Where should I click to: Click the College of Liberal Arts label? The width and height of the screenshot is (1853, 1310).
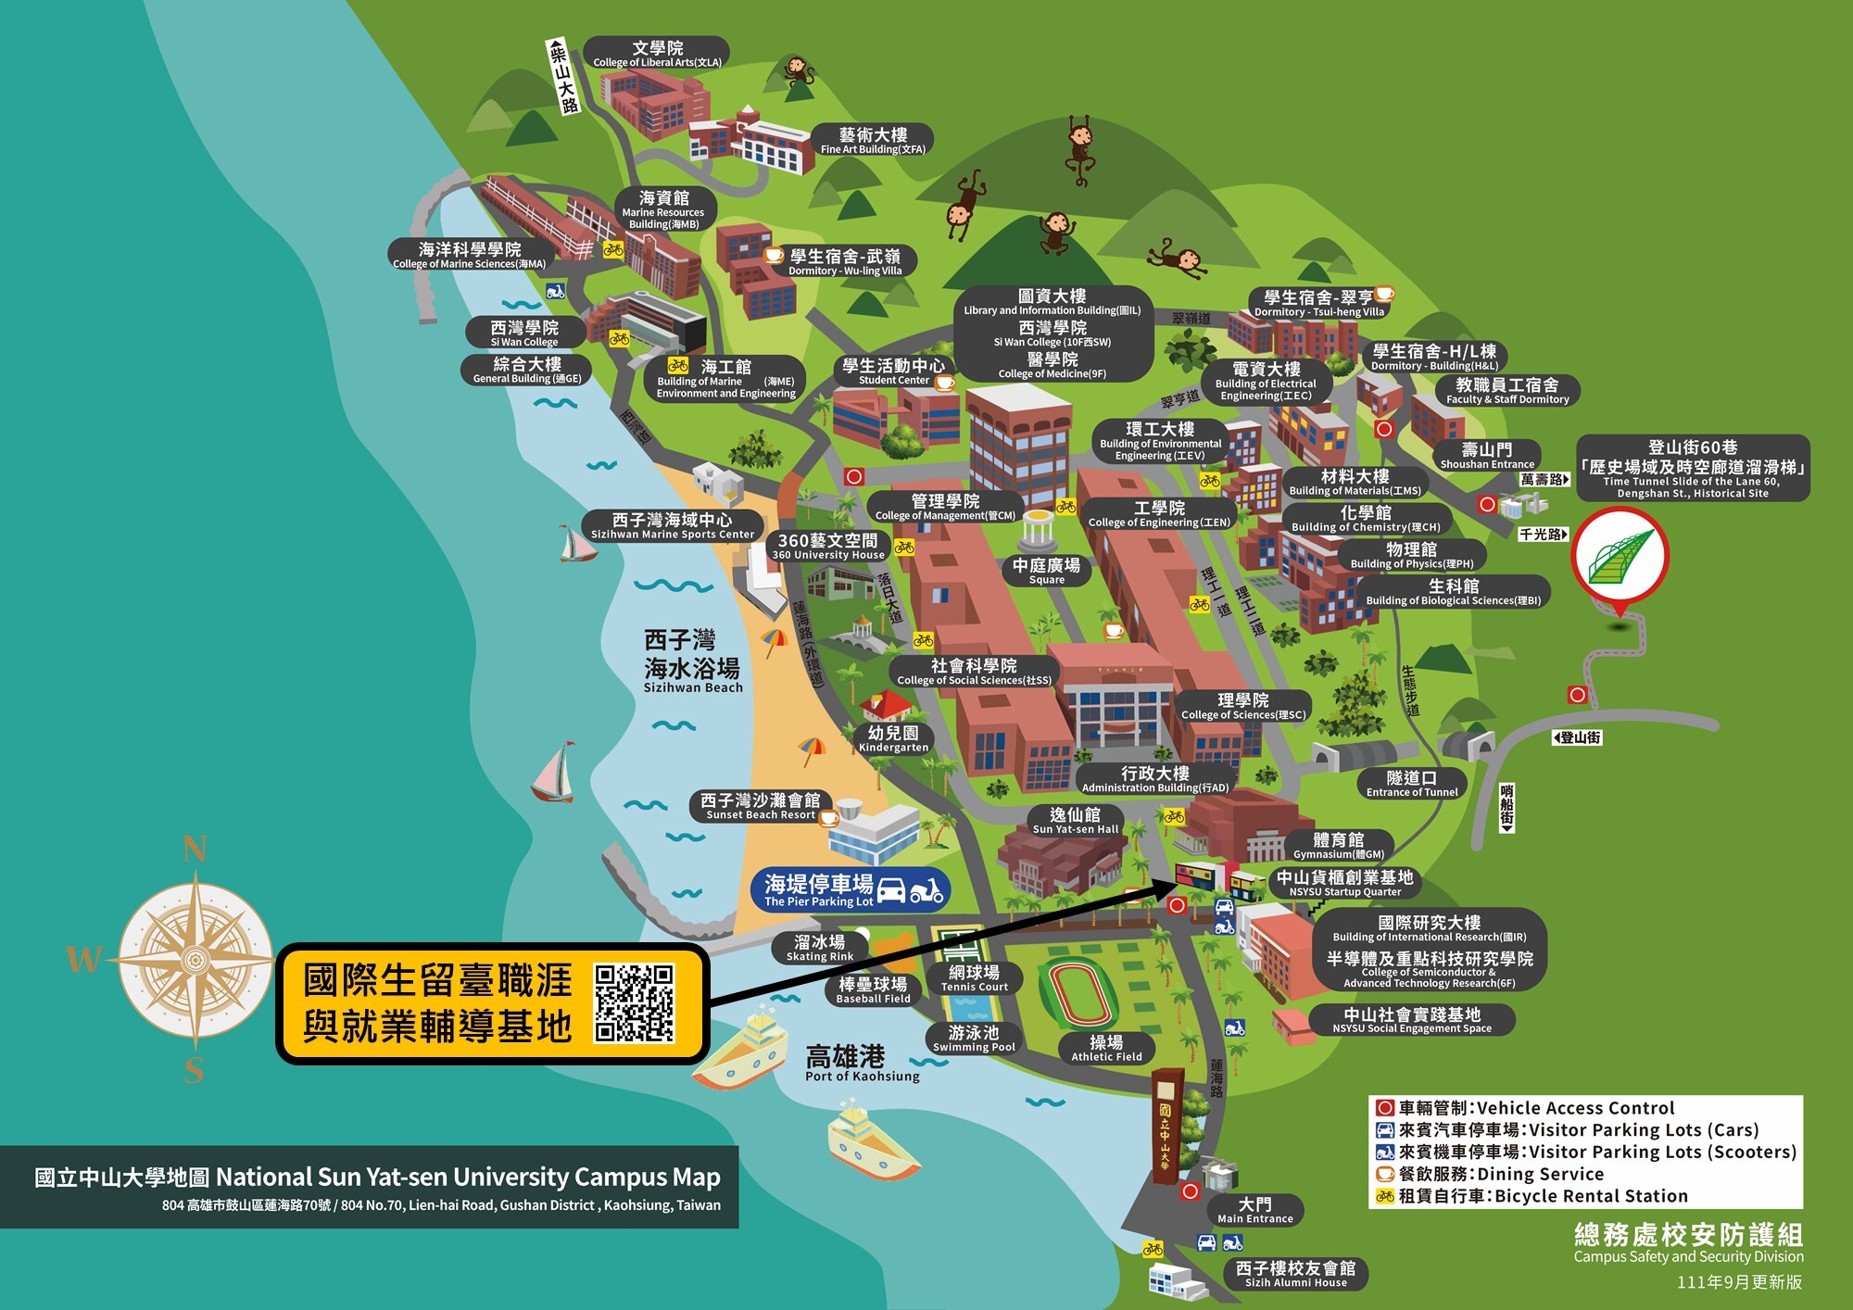coord(657,54)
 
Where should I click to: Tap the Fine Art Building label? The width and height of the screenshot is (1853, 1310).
coord(873,141)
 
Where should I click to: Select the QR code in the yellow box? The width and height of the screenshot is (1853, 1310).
coord(634,1003)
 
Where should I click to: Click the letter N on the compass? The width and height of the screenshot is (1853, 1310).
coord(195,849)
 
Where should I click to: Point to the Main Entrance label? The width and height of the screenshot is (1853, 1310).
coord(1254,1210)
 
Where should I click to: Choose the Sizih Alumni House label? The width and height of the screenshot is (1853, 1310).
coord(1295,1274)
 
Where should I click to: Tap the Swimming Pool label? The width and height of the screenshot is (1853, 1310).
coord(974,1039)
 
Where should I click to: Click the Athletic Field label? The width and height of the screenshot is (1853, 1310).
coord(1106,1048)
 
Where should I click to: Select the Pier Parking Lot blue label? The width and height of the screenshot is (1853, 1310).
coord(851,890)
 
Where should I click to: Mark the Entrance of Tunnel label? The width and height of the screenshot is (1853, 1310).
coord(1411,784)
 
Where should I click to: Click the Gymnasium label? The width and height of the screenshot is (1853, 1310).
coord(1338,846)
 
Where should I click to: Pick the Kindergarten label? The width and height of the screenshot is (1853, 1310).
coord(893,738)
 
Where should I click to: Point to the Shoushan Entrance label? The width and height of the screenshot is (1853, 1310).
coord(1486,456)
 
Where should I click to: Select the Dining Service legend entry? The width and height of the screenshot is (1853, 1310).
coord(1501,1174)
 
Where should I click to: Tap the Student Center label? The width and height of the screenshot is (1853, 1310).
coord(893,372)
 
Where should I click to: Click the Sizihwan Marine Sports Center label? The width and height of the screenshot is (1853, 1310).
coord(673,526)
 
